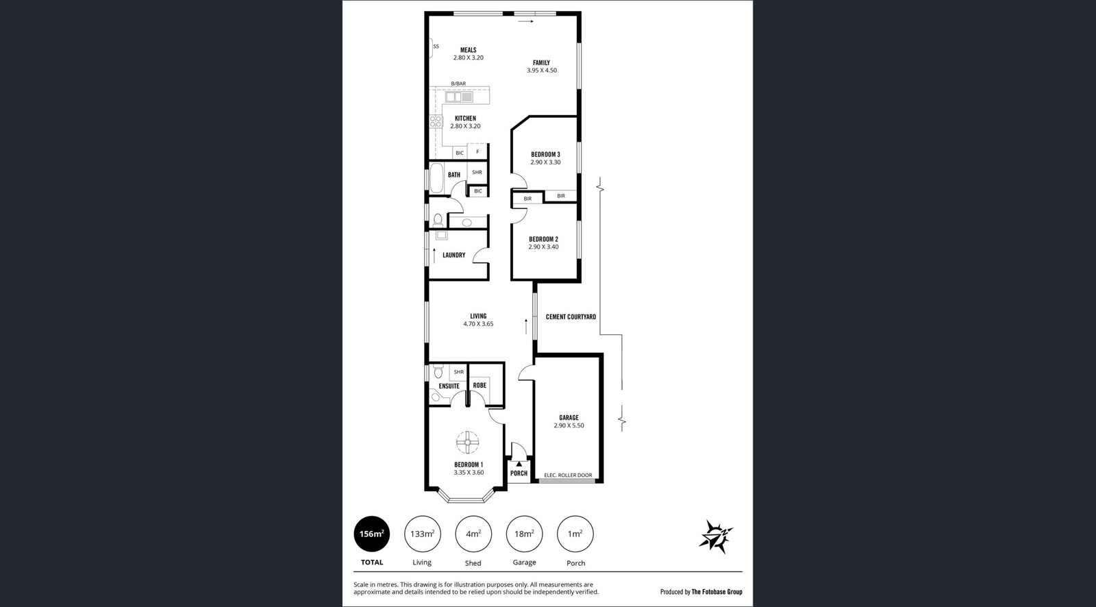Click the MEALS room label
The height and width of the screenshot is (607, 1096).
(469, 50)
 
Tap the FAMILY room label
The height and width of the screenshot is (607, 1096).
(541, 62)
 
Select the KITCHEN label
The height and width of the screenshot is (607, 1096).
(465, 119)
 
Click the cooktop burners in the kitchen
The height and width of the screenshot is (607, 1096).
(436, 121)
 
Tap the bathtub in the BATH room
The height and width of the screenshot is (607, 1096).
(436, 178)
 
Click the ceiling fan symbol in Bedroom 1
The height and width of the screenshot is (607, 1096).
(468, 443)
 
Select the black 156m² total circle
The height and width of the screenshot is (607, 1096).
(372, 534)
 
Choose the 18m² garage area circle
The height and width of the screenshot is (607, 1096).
(524, 534)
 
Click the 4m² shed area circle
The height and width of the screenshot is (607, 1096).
(473, 534)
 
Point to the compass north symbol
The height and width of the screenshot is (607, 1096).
(715, 537)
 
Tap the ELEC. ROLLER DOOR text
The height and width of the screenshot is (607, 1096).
(568, 475)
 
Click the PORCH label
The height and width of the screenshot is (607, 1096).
(519, 473)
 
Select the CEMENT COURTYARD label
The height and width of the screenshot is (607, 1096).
(571, 317)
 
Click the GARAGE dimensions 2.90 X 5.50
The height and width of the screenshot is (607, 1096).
(569, 426)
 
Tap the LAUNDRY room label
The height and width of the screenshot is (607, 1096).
(453, 255)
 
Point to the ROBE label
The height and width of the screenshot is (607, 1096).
(480, 386)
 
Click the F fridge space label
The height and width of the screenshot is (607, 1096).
(477, 152)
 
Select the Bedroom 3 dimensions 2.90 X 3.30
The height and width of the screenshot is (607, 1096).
(545, 162)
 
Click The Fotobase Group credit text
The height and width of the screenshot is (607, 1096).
(717, 592)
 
